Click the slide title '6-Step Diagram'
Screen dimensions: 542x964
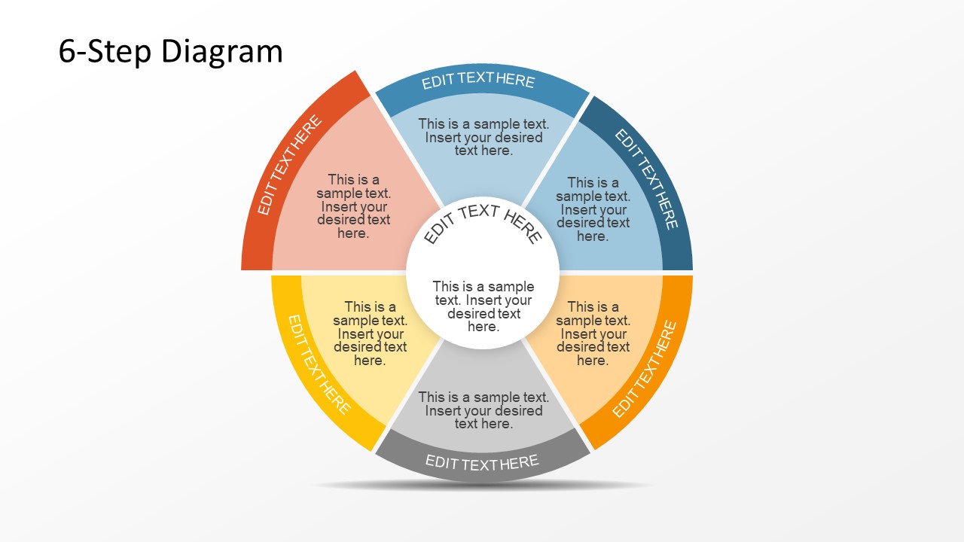pyautogui.click(x=171, y=52)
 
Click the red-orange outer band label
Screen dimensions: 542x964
pyautogui.click(x=289, y=166)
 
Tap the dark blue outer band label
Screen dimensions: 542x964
pyautogui.click(x=647, y=179)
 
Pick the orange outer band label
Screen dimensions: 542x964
pyautogui.click(x=645, y=369)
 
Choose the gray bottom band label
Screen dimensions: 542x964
pyautogui.click(x=482, y=462)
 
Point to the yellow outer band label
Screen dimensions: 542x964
pyautogui.click(x=319, y=364)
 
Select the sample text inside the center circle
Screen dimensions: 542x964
pyautogui.click(x=483, y=306)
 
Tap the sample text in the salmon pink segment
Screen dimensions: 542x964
pyautogui.click(x=353, y=206)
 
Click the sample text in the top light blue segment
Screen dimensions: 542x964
pyautogui.click(x=484, y=136)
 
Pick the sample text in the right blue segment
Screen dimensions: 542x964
pyautogui.click(x=593, y=209)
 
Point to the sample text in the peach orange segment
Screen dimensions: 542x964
pyautogui.click(x=593, y=333)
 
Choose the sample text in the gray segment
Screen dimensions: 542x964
pyautogui.click(x=484, y=410)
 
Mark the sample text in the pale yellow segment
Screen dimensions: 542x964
pyautogui.click(x=370, y=333)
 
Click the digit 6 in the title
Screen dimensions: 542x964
pyautogui.click(x=67, y=52)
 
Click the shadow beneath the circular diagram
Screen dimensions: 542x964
pyautogui.click(x=482, y=486)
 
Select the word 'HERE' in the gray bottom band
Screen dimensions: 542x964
pyautogui.click(x=518, y=462)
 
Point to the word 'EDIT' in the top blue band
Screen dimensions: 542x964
pyautogui.click(x=437, y=82)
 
